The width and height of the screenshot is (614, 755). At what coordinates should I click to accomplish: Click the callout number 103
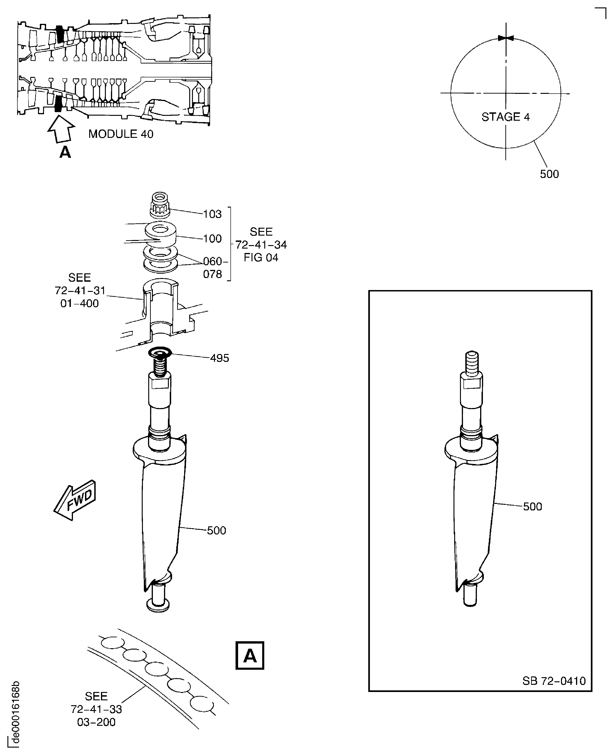(x=212, y=214)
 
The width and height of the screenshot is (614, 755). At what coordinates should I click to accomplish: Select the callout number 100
(x=212, y=239)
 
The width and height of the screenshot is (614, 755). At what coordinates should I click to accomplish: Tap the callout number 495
(x=219, y=358)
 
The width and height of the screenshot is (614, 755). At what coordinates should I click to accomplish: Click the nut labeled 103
(x=160, y=205)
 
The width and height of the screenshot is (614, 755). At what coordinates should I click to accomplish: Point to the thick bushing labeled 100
(x=161, y=234)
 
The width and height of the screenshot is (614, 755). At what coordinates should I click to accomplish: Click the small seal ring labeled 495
(x=160, y=352)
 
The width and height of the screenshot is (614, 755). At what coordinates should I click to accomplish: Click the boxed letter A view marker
(x=250, y=656)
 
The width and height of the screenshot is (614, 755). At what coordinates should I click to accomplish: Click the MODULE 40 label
(x=121, y=134)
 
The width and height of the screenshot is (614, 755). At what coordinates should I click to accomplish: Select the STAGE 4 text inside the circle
(x=505, y=117)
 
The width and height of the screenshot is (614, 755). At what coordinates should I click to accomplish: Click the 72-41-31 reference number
(x=80, y=291)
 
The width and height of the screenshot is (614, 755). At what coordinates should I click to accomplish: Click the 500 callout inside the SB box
(x=532, y=507)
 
